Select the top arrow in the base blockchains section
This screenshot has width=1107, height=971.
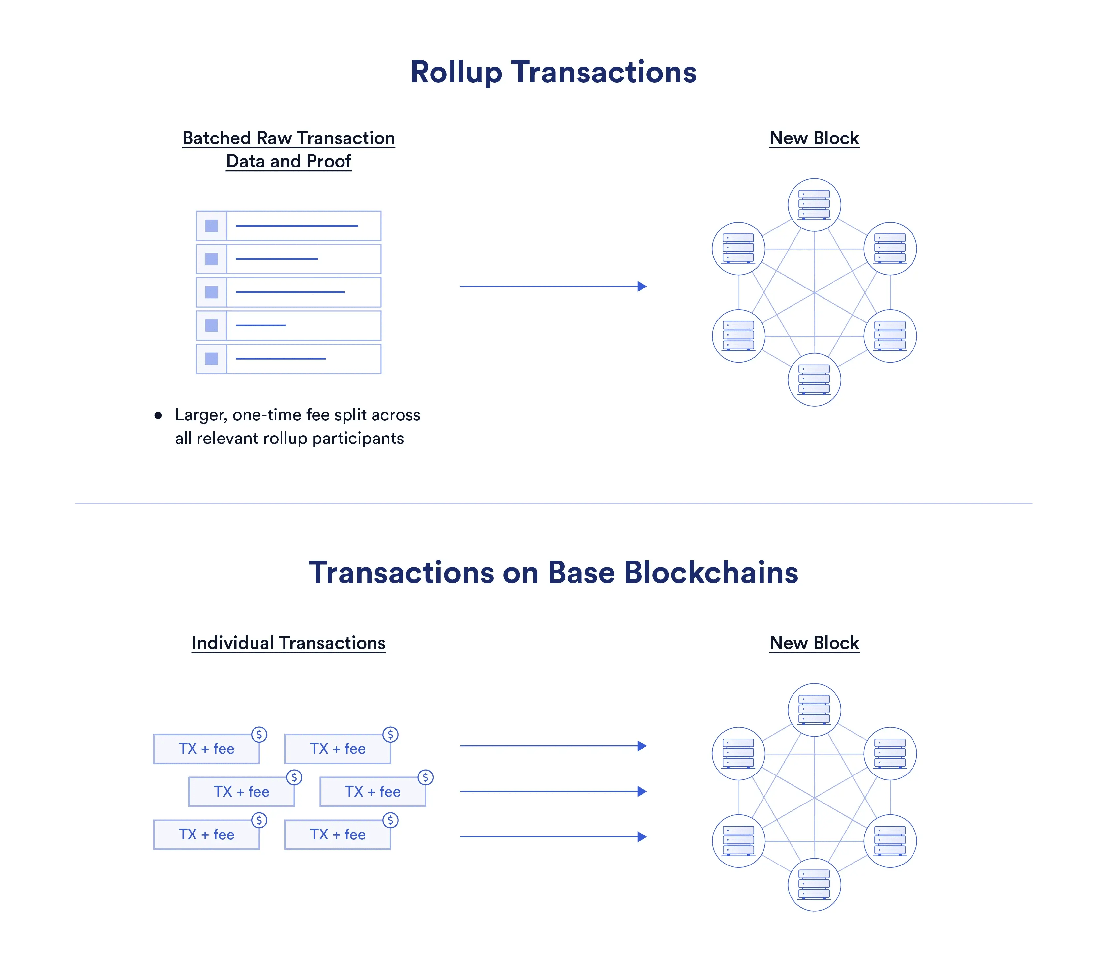(x=553, y=746)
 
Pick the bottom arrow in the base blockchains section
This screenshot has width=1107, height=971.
(x=553, y=837)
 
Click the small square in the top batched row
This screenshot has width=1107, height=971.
(x=211, y=226)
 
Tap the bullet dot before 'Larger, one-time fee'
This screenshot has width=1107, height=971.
(x=158, y=415)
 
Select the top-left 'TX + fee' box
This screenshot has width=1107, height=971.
(x=206, y=749)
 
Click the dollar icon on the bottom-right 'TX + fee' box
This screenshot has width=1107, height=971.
(x=390, y=820)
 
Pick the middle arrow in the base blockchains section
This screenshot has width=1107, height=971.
(x=553, y=791)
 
